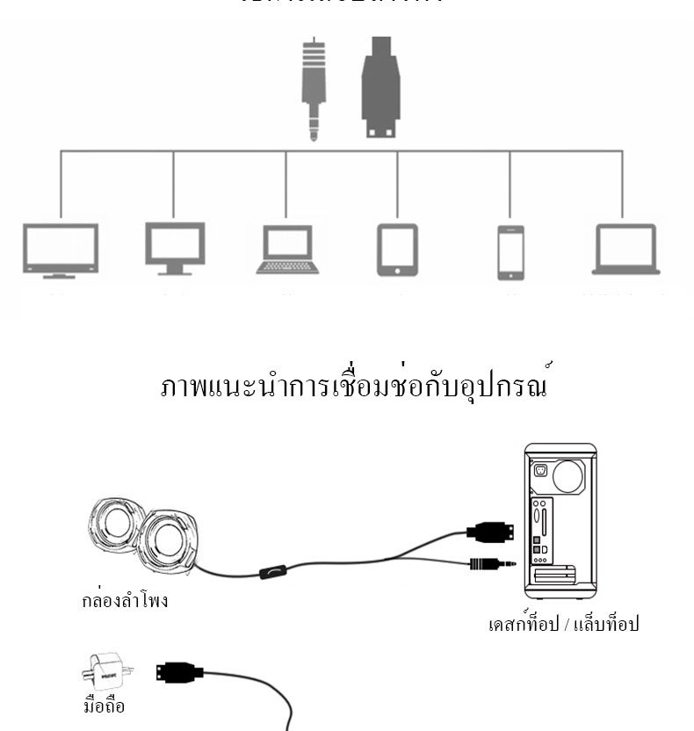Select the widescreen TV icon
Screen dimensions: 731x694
coord(60,250)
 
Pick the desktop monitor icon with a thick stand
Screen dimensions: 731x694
coord(175,247)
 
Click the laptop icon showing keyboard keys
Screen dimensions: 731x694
coord(287,250)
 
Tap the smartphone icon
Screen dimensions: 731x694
coord(510,253)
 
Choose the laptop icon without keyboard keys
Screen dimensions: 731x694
coord(625,250)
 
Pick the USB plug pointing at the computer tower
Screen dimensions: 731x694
coord(488,531)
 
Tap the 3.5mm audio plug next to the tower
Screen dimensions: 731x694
coord(492,561)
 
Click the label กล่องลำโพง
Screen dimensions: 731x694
coord(120,603)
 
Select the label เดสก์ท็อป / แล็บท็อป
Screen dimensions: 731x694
coord(563,626)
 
